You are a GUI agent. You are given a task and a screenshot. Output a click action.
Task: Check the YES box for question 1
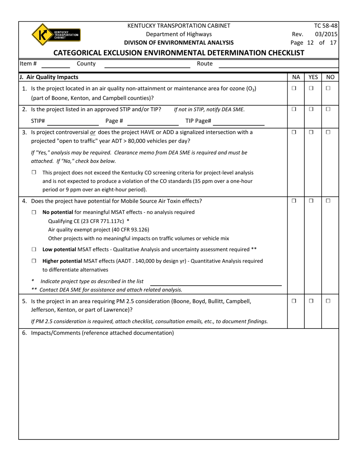click(311, 88)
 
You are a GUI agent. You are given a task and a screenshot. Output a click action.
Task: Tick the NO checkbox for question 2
click(328, 109)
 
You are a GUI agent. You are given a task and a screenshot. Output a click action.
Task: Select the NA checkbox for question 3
click(294, 132)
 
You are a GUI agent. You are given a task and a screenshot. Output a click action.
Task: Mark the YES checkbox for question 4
click(311, 200)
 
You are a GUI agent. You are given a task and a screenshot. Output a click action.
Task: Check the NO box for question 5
click(328, 301)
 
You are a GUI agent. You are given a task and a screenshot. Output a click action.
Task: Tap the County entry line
click(147, 65)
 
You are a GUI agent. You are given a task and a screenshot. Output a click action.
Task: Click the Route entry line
click(279, 65)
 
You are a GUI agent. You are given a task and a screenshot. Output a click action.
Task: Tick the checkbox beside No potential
click(34, 212)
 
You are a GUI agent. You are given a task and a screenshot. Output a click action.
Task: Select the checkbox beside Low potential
click(34, 249)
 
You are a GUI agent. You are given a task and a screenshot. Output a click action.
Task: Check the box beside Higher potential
click(34, 261)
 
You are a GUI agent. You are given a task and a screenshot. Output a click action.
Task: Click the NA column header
click(296, 77)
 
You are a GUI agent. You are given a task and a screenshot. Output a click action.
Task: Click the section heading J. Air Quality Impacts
click(49, 77)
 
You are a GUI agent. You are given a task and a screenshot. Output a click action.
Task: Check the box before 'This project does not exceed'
click(34, 172)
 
